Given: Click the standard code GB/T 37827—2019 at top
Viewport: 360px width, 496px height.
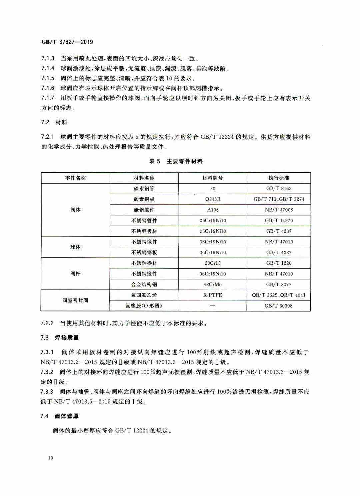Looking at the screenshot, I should click(x=67, y=42).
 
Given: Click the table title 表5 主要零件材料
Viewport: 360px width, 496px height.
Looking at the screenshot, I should click(x=176, y=161).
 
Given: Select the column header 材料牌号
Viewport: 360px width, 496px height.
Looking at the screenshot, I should click(x=213, y=178).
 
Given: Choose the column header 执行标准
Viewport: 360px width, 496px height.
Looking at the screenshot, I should click(x=279, y=178).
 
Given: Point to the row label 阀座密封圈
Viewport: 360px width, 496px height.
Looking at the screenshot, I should click(x=75, y=300).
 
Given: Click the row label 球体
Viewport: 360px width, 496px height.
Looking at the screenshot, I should click(x=75, y=247).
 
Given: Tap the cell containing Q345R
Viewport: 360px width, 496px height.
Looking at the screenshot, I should click(x=213, y=199).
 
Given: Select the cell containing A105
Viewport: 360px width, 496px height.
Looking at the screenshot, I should click(x=213, y=210).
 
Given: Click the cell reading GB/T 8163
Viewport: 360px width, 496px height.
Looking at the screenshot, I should click(x=279, y=189).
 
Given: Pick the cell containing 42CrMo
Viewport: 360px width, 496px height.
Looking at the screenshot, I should click(x=213, y=285).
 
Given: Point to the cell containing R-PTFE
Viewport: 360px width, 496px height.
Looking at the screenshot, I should click(x=213, y=295).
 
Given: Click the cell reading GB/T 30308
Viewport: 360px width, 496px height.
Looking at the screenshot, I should click(x=279, y=306).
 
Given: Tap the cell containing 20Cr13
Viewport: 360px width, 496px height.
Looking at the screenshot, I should click(x=213, y=263).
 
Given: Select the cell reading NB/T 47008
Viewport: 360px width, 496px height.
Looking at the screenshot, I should click(x=279, y=210).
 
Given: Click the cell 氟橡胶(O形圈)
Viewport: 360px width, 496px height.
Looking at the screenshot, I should click(x=144, y=306).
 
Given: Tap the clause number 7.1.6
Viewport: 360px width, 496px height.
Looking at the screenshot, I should click(x=48, y=88).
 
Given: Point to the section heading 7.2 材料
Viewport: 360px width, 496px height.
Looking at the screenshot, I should click(x=54, y=122).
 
